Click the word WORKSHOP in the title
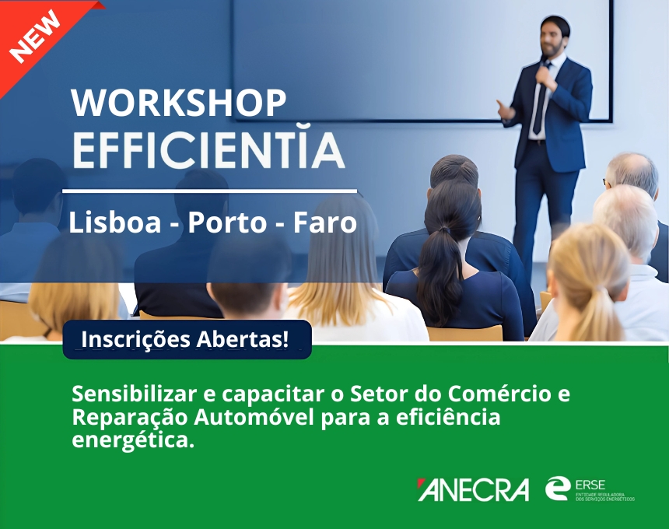tap(179, 103)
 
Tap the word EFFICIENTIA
tap(208, 151)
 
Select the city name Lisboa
tap(115, 222)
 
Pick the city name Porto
tap(227, 222)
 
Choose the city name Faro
tap(324, 222)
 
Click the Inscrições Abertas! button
tap(187, 340)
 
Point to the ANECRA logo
tap(473, 489)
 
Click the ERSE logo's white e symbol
tap(558, 488)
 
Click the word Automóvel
tap(254, 417)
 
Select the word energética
tap(133, 440)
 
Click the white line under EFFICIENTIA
tap(209, 191)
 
